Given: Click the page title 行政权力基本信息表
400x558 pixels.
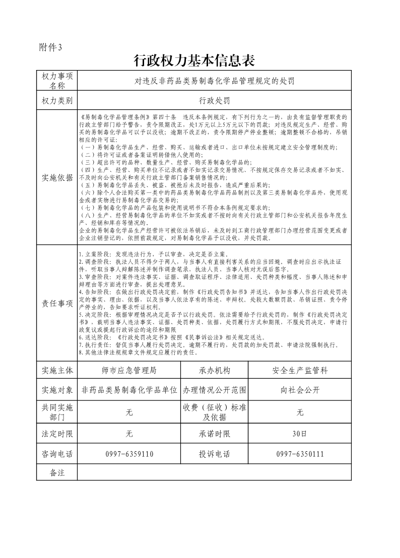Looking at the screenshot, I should coord(194,61).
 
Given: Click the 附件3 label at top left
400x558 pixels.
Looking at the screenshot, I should coord(50,48).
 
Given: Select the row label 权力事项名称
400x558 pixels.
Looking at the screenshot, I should coord(57,81).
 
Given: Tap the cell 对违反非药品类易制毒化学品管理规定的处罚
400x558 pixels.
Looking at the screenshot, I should coord(214,81).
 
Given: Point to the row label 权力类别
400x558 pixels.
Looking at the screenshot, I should coord(57,101).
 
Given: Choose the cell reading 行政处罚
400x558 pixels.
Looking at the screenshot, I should coord(214,101).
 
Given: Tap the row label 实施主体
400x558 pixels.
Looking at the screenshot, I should coord(57,371).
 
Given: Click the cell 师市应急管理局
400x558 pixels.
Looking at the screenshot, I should coord(129,371).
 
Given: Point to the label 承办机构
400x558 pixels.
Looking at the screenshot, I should coord(215,371).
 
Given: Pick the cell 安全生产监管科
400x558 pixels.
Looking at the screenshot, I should coord(300,371).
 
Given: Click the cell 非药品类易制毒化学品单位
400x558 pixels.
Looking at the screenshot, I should coord(129,390).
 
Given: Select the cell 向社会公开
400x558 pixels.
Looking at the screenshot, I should coord(300,390).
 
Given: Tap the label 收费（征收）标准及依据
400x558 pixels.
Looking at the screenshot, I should coord(215,412).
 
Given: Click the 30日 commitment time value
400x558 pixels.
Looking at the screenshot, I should coord(300,434).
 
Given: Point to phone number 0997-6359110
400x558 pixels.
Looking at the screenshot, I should coord(129,454).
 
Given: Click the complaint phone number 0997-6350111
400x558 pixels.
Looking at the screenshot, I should coord(300,454).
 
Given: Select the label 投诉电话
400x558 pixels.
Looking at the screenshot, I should coord(215,454).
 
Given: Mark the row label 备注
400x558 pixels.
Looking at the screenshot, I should coord(57,472).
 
